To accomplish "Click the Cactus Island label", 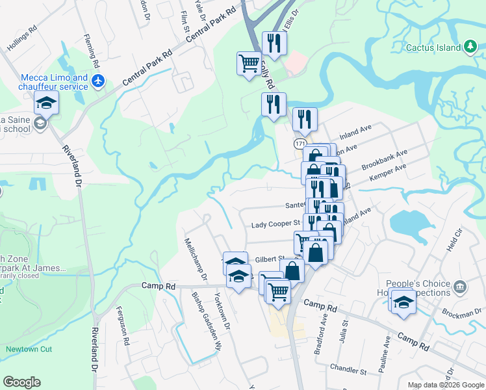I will click(433, 47).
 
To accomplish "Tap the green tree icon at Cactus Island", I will click(470, 47).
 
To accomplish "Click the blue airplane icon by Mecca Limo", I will click(98, 81).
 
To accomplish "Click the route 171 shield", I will click(300, 143).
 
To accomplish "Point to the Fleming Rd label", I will click(91, 52).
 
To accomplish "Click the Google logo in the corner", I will click(21, 382).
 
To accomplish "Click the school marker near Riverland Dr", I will click(46, 103).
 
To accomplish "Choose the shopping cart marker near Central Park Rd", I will click(249, 64).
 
